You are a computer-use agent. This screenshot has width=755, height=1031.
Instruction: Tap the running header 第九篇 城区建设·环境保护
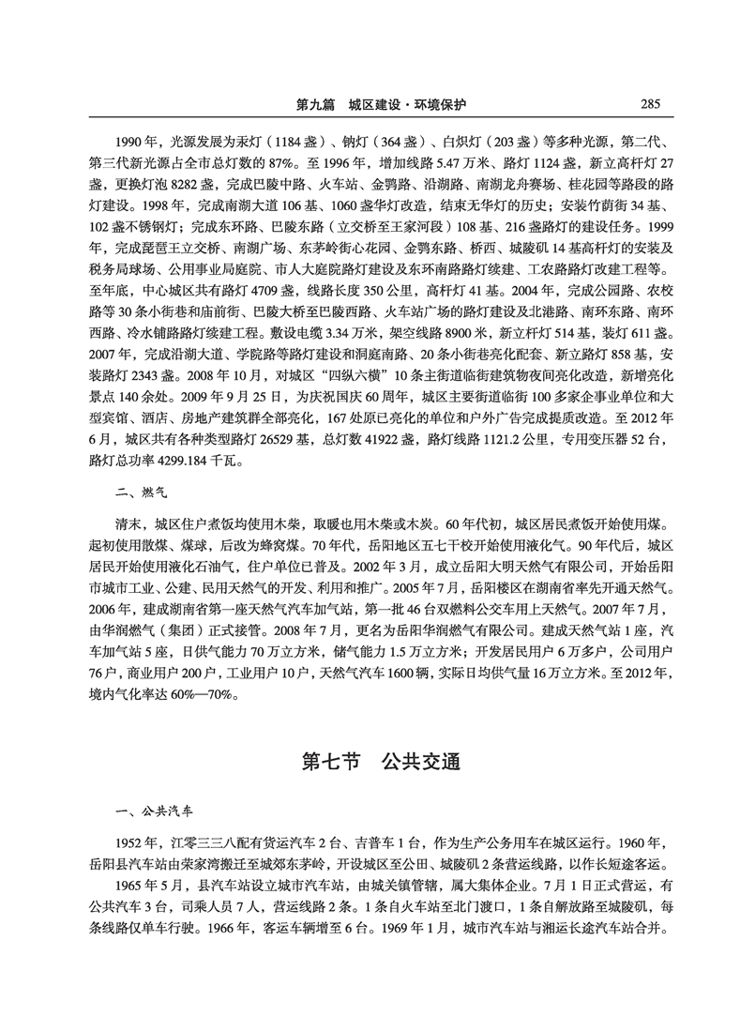pyautogui.click(x=380, y=103)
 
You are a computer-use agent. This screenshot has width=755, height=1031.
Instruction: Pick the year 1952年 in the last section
pyautogui.click(x=135, y=841)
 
